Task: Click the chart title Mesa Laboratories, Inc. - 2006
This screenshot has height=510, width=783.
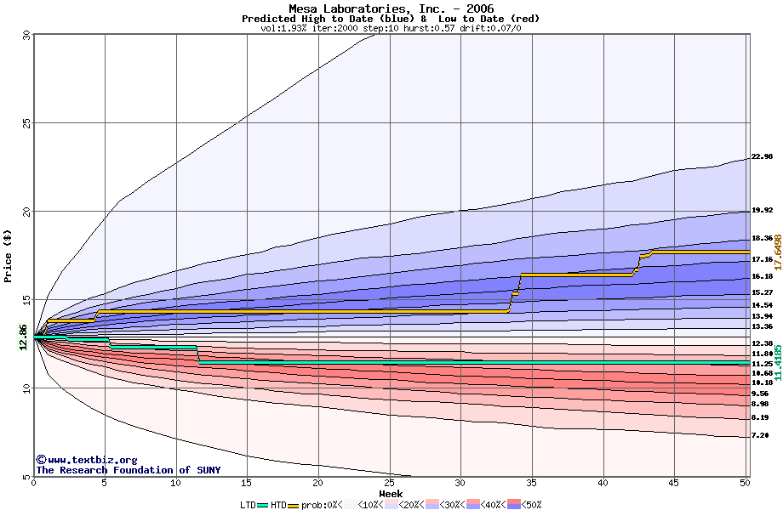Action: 391,8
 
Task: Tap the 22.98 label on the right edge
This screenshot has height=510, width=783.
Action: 762,156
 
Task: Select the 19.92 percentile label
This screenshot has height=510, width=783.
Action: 762,210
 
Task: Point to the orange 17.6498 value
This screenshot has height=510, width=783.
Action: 777,252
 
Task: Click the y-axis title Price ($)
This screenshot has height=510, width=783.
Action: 9,256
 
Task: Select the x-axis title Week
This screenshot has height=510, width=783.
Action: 391,494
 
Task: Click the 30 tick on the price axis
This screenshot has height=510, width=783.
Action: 26,35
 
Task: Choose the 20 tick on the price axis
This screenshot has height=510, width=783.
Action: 26,212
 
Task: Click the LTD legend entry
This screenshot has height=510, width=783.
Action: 249,505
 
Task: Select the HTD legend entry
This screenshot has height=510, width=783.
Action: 278,505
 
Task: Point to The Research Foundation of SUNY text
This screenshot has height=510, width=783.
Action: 128,470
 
